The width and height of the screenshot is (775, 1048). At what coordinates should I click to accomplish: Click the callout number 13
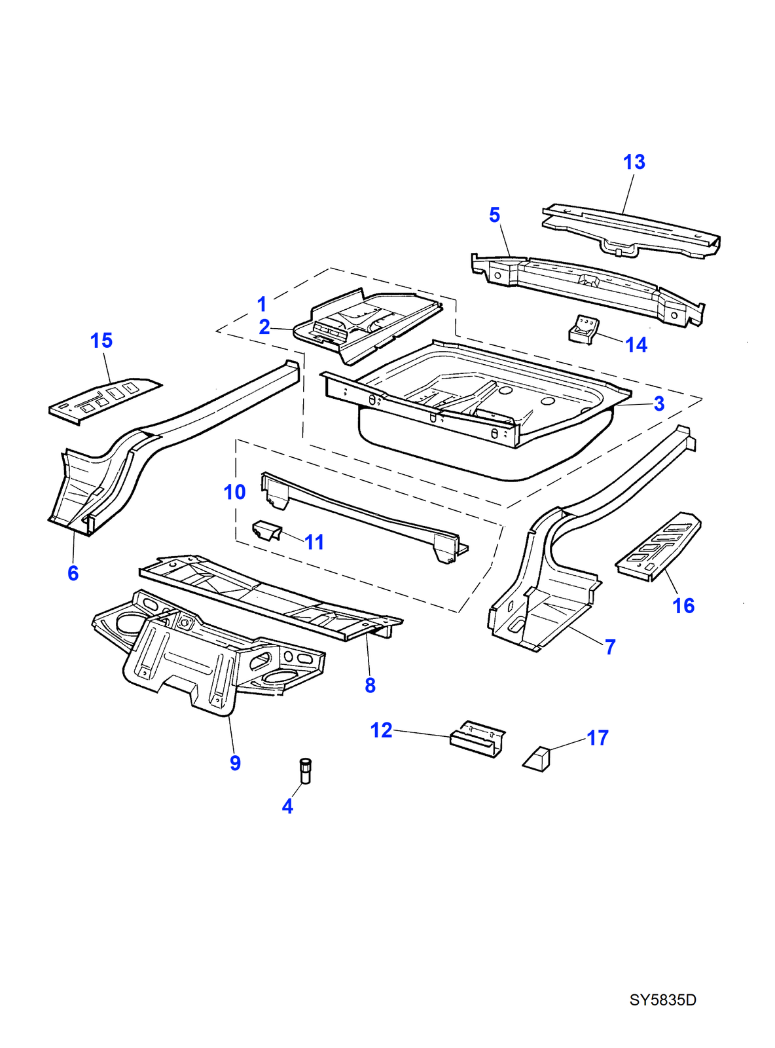(634, 162)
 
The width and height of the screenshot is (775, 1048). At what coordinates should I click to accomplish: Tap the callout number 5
(494, 215)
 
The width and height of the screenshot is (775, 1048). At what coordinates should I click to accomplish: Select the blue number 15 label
(101, 341)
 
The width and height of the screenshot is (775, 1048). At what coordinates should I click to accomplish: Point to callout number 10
(234, 492)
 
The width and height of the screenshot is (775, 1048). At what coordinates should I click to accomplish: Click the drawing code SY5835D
(662, 1000)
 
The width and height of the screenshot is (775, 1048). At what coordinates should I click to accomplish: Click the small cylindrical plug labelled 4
(305, 770)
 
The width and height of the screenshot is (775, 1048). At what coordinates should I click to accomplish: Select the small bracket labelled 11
(267, 530)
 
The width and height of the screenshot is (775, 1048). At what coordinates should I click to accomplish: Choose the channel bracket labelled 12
(477, 738)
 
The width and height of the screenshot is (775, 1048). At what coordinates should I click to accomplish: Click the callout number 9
(235, 763)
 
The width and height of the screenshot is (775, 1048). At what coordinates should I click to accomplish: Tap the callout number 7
(610, 647)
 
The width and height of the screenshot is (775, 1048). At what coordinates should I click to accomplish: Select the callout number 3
(658, 403)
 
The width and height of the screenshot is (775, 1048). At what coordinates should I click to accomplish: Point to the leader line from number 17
(568, 744)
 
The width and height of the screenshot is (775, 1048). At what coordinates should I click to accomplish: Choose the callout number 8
(370, 685)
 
